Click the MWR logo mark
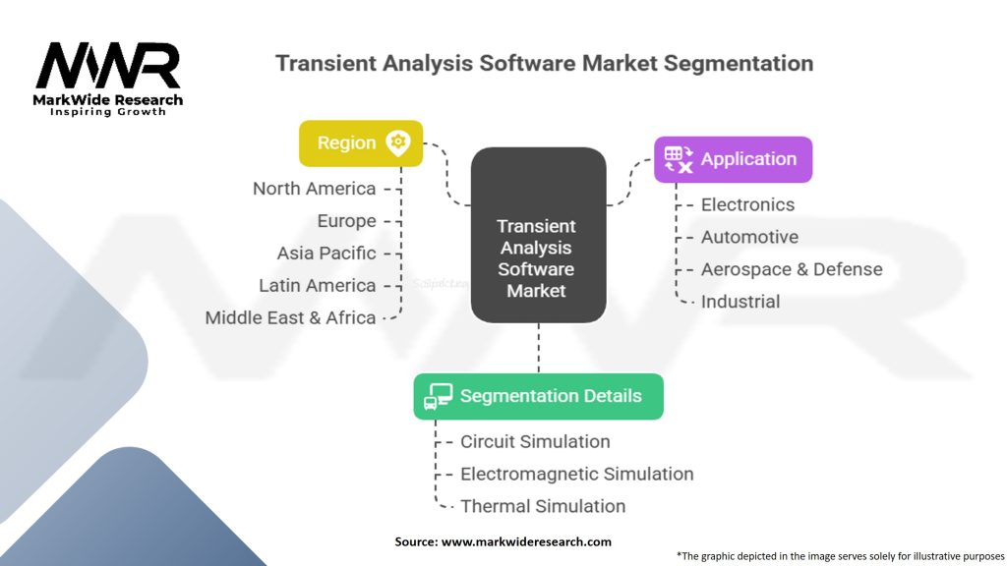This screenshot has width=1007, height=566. point(108,66)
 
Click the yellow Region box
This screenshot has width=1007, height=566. point(361,143)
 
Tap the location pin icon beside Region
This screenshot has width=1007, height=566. point(398,143)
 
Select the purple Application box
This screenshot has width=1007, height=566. point(733,160)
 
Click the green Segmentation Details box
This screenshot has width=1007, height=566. point(538,397)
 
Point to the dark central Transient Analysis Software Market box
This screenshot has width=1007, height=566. point(538,235)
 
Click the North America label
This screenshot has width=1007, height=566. point(314,189)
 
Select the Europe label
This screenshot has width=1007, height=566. point(347,221)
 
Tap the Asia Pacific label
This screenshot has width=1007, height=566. point(326,254)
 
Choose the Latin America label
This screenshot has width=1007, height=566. point(318,286)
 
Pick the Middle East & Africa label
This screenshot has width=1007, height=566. point(290,317)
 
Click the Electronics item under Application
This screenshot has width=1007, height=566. point(747,204)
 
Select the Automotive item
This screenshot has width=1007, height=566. point(749,237)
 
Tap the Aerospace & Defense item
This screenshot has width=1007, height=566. point(792,269)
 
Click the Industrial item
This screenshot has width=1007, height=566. point(740,302)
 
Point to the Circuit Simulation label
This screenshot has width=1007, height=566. point(535,441)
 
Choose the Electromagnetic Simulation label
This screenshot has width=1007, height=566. point(576,475)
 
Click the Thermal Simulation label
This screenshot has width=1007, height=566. point(543,506)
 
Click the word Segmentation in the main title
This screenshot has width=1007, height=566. point(739,64)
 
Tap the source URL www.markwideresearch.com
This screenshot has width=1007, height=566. point(526,541)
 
